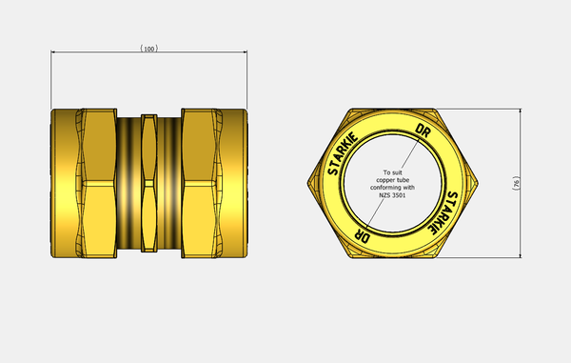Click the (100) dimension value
click(148, 47)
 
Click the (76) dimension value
click(541, 183)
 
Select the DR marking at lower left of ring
click(364, 232)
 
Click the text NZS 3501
click(393, 196)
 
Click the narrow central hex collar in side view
click(148, 183)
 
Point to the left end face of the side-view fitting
click(52, 183)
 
